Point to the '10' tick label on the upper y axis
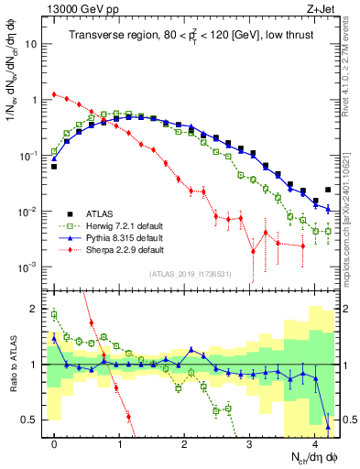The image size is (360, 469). pyautogui.click(x=34, y=44)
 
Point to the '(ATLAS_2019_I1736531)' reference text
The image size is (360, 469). pyautogui.click(x=191, y=274)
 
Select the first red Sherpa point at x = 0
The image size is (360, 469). pyautogui.click(x=55, y=93)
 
